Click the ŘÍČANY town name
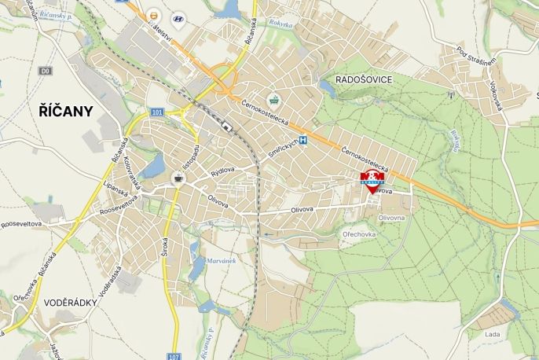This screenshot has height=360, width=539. coord(66,111)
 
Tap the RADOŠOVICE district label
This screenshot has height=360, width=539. coord(363,79)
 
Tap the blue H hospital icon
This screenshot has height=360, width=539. coord(302,140)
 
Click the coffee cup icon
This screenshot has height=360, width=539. coord(178,178)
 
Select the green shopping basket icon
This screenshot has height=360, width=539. coord(273,100)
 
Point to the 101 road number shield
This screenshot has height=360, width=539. coord(156,112)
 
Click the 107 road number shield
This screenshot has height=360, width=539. coord(174,355)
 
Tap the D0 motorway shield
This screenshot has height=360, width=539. coord(46,71)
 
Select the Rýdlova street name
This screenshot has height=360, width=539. coord(222,171)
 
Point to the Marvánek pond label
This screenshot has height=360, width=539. coord(221,260)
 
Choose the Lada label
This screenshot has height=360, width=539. coord(493,334)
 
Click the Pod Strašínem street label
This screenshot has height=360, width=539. coord(477,57)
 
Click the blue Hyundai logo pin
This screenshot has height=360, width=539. coord(178,19)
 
